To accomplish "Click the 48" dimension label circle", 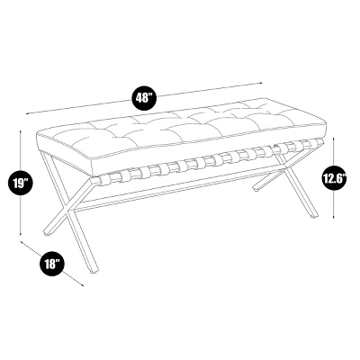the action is [144, 97].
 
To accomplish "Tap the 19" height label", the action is [21, 183].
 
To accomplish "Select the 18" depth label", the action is [53, 264].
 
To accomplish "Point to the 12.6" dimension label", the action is [334, 178].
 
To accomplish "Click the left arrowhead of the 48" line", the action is [28, 113].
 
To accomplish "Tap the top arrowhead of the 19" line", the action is [21, 132].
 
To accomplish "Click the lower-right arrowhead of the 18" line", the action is [82, 284].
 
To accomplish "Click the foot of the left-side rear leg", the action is [48, 232].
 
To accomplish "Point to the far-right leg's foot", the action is [313, 215].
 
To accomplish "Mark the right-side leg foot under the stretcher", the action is [256, 188].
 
